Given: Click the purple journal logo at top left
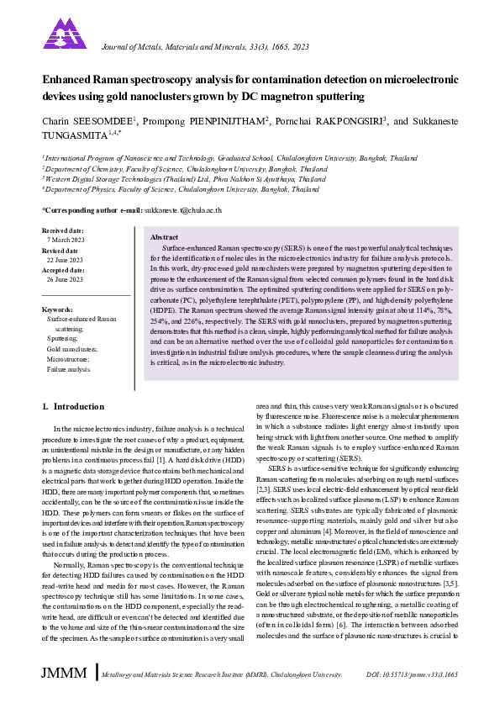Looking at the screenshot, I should pyautogui.click(x=65, y=34).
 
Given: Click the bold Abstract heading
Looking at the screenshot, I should pyautogui.click(x=164, y=238).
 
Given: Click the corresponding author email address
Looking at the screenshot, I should pyautogui.click(x=182, y=210).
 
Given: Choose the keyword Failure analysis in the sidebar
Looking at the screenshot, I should pyautogui.click(x=69, y=369).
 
